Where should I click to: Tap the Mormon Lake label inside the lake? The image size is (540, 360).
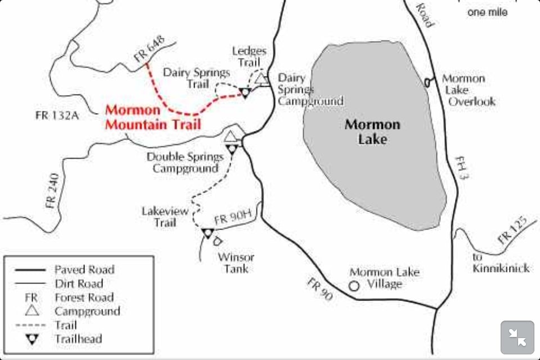pos(372,131)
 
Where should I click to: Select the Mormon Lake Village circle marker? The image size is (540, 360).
pos(354,286)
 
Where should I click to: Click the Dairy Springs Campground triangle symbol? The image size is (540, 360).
pos(261,79)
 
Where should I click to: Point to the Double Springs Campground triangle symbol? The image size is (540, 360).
pos(230,136)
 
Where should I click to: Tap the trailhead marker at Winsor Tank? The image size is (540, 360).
pos(208,233)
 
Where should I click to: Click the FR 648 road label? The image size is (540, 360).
pos(150,48)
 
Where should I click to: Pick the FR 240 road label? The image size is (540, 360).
pos(53,193)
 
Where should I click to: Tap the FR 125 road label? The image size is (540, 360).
pos(512,231)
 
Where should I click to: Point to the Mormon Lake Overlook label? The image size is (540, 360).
pos(468,90)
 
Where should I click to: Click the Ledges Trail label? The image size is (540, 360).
pos(249,57)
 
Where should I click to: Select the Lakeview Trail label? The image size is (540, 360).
pos(159,217)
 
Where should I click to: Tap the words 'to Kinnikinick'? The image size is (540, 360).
pos(501,263)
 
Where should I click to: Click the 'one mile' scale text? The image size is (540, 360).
pos(487,12)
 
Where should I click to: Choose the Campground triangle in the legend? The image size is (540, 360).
pos(32,311)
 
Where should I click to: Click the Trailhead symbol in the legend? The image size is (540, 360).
pos(32,339)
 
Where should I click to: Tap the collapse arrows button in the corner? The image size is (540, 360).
pos(517,337)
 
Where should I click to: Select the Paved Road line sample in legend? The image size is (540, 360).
pos(32,269)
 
